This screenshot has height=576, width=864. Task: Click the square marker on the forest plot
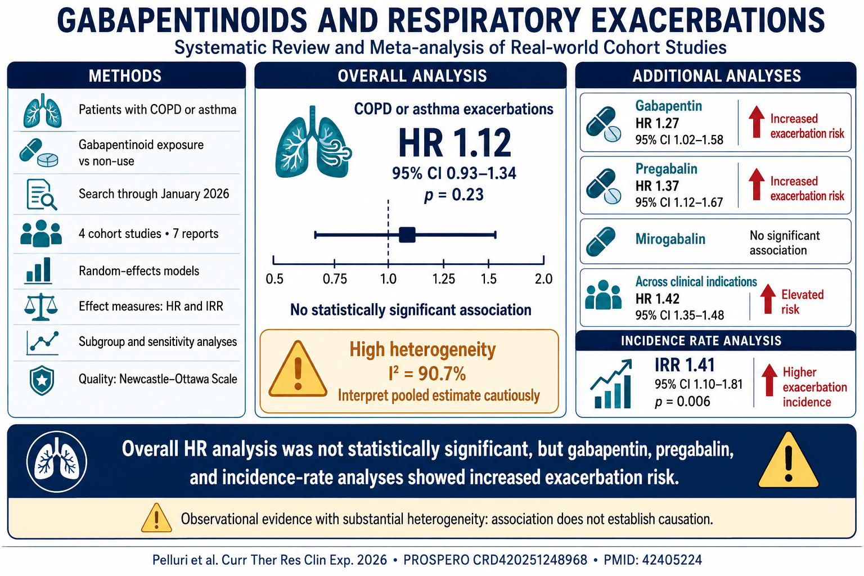point(407,235)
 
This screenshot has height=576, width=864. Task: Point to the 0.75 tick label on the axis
point(335,278)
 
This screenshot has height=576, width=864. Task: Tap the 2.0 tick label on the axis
point(543,278)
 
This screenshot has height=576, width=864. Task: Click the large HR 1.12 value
point(454,143)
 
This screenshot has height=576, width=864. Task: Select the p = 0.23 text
point(454,195)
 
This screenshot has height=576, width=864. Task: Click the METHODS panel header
point(125,75)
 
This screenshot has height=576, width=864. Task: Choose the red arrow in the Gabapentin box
point(757,121)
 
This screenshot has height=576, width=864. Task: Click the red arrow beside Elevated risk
point(768,299)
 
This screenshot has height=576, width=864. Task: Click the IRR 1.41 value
point(685,365)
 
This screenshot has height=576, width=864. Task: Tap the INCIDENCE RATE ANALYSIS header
point(701,341)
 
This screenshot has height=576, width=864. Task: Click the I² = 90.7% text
point(427,373)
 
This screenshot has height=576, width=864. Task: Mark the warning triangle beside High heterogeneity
point(298,369)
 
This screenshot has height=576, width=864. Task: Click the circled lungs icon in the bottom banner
point(57,461)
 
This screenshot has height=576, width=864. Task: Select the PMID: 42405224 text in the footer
point(652,560)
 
